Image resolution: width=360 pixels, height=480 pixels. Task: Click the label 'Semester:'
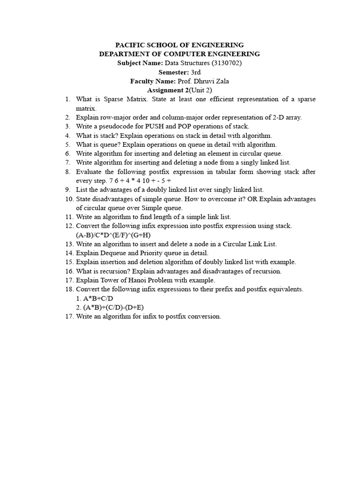[173, 72]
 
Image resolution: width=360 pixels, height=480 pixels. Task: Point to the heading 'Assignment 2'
[167, 90]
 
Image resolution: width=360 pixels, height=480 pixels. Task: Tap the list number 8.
[68, 172]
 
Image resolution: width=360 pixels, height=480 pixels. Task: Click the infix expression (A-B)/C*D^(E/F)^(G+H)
[113, 235]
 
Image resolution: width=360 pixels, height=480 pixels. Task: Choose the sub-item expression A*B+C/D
[98, 298]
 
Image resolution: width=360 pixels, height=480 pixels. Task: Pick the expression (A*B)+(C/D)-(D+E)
[114, 307]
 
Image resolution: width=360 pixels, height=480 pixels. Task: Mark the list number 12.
[68, 226]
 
